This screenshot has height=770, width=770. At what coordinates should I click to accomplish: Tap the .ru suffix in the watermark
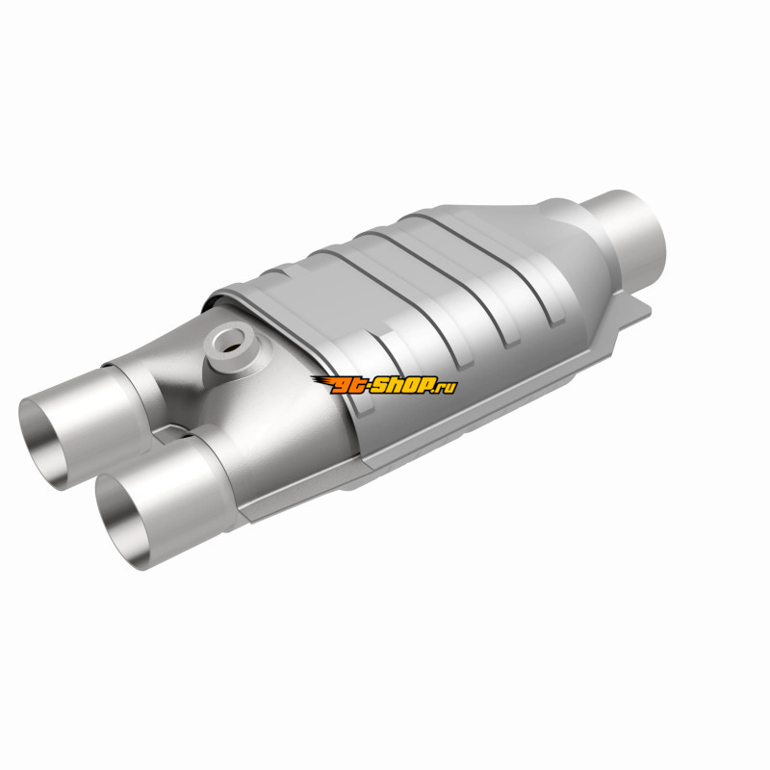[446, 388]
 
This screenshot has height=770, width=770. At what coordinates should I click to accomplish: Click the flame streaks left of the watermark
[321, 382]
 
